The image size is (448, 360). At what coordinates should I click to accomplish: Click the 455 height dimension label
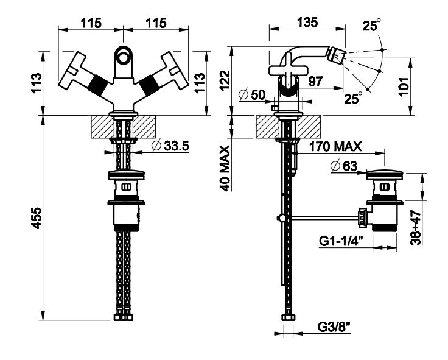pyautogui.click(x=37, y=218)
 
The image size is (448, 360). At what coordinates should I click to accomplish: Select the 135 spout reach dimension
pyautogui.click(x=307, y=22)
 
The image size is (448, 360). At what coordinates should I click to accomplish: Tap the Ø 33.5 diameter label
pyautogui.click(x=170, y=146)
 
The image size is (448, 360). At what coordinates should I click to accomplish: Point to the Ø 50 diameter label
pyautogui.click(x=252, y=94)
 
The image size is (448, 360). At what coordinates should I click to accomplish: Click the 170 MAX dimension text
pyautogui.click(x=335, y=147)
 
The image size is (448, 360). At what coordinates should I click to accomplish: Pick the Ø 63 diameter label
pyautogui.click(x=344, y=166)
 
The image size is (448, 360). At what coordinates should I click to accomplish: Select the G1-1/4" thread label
pyautogui.click(x=341, y=241)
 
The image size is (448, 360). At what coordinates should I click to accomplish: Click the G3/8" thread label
pyautogui.click(x=334, y=327)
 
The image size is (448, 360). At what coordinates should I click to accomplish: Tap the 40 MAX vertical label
pyautogui.click(x=225, y=168)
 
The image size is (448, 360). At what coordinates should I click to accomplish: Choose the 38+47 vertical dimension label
pyautogui.click(x=416, y=227)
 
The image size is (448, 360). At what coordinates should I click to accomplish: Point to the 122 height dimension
pyautogui.click(x=225, y=80)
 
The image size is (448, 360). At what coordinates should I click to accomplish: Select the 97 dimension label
pyautogui.click(x=316, y=82)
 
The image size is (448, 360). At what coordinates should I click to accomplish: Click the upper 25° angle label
pyautogui.click(x=372, y=24)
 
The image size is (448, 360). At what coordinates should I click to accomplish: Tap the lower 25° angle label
pyautogui.click(x=353, y=98)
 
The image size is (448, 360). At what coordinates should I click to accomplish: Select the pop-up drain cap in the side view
pyautogui.click(x=384, y=174)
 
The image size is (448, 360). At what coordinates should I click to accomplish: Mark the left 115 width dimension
pyautogui.click(x=91, y=23)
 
